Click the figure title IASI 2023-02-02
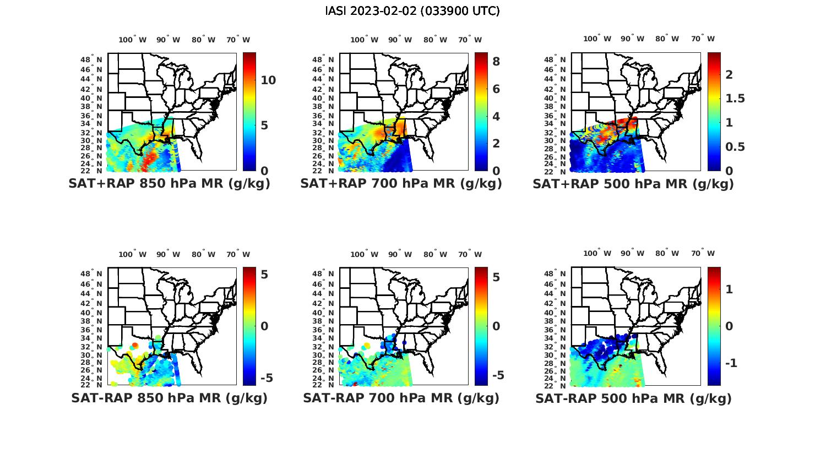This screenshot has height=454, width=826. (x=412, y=11)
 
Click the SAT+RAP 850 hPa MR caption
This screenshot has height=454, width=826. (x=169, y=184)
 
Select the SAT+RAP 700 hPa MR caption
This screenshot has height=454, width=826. (x=401, y=184)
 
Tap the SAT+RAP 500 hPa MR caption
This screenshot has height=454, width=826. (x=633, y=184)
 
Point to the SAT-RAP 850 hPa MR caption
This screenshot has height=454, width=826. (x=169, y=398)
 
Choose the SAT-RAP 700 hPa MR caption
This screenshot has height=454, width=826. (x=401, y=398)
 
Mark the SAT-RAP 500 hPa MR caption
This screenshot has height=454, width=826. (x=633, y=398)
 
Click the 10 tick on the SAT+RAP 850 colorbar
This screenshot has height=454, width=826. (x=268, y=80)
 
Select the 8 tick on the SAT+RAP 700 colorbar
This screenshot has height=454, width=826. (x=496, y=62)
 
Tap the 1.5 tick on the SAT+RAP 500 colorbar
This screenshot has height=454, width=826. (x=735, y=99)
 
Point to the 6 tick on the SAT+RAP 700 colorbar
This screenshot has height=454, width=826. (x=496, y=89)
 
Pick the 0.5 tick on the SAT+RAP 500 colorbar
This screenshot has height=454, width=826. (x=735, y=147)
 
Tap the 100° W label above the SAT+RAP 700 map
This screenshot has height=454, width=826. (x=364, y=40)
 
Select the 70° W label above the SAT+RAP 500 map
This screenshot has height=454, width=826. (x=703, y=39)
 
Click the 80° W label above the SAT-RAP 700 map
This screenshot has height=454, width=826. (x=435, y=254)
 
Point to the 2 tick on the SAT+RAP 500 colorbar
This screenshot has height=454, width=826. (x=729, y=74)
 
